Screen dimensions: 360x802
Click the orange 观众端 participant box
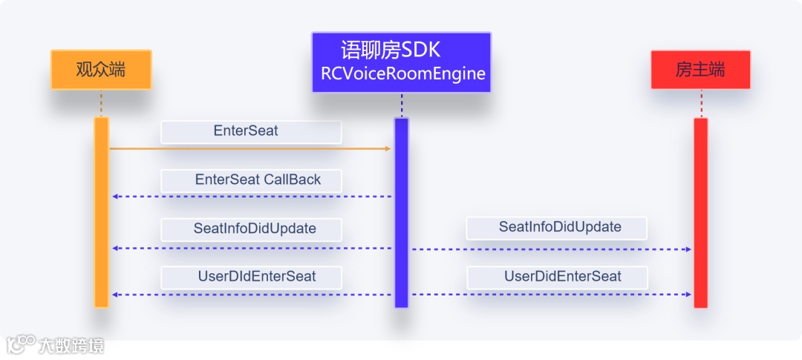[x=101, y=70]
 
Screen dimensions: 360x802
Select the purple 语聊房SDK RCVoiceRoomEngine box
[x=401, y=62]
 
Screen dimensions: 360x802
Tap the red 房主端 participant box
[x=700, y=70]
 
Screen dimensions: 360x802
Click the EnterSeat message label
[x=251, y=131]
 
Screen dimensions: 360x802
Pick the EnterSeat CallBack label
[x=251, y=180]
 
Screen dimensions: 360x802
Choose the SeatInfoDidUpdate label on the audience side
[x=251, y=229]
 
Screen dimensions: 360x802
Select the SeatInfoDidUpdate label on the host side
[x=556, y=227]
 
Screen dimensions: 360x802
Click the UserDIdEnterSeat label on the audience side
[x=251, y=277]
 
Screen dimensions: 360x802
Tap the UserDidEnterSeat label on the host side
[x=556, y=277]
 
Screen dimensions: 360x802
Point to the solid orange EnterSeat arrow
[x=250, y=149]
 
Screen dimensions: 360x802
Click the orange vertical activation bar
[x=102, y=212]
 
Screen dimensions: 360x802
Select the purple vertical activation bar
[x=401, y=212]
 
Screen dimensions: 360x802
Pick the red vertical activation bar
[x=700, y=212]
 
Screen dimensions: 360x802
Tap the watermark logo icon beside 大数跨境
[x=21, y=344]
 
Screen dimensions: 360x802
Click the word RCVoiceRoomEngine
[x=402, y=73]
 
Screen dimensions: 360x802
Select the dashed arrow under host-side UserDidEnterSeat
[x=551, y=295]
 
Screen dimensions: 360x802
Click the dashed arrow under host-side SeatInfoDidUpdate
[x=551, y=249]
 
